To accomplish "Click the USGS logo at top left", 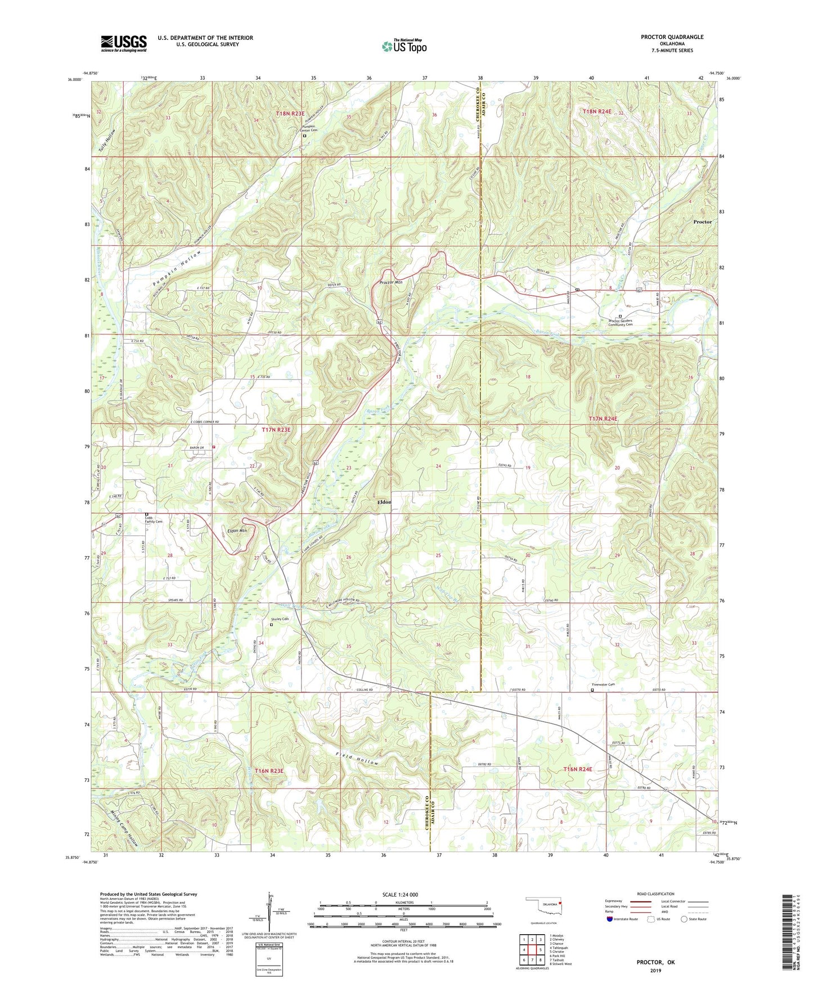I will (124, 43).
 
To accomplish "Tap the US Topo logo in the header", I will (404, 46).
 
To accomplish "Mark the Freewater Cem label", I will (604, 684).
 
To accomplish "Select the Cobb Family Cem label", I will (152, 520).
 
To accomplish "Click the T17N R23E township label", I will (276, 430).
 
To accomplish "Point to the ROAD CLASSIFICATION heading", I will (656, 894).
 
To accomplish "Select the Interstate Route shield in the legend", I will (609, 919).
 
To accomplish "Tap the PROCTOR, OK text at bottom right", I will (655, 962).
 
